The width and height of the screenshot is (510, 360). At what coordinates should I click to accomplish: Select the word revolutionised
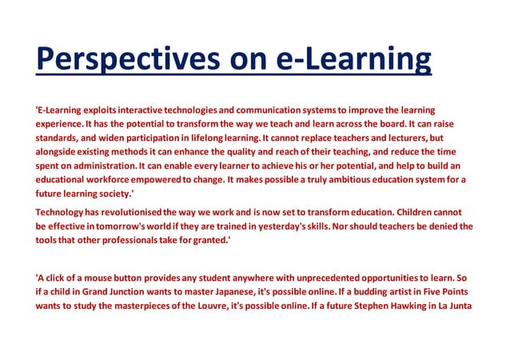tap(123, 211)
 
